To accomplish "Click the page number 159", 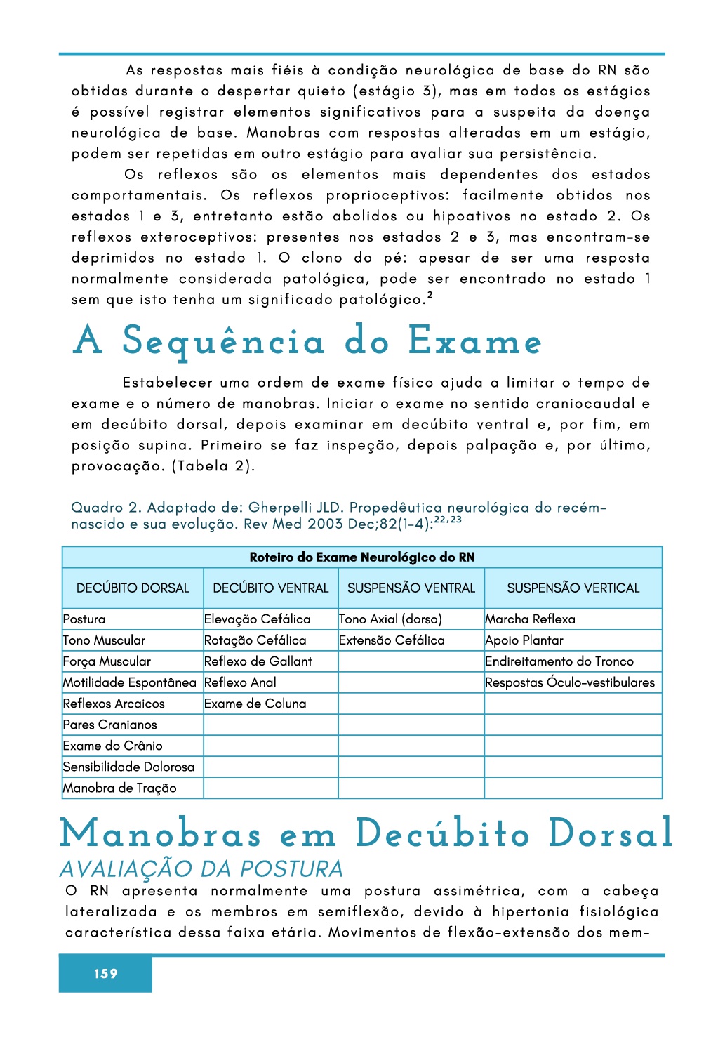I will click(x=106, y=973).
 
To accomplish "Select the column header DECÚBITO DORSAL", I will click(x=133, y=588).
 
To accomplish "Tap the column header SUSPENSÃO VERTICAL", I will click(x=573, y=588).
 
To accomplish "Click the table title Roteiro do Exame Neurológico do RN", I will click(x=362, y=557).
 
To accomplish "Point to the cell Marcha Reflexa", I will click(x=530, y=619).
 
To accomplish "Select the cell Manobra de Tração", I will click(x=119, y=788).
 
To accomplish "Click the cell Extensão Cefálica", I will click(x=392, y=640).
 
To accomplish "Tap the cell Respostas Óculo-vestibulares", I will click(x=570, y=682).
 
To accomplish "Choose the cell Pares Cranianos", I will click(x=109, y=725).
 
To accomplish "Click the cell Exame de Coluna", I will click(x=255, y=704).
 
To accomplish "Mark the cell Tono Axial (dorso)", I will click(x=390, y=619).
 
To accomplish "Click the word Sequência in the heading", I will click(x=223, y=342).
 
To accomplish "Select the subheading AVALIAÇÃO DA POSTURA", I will click(x=201, y=869).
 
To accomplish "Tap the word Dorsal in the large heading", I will click(x=610, y=834).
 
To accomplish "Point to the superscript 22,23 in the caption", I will click(x=448, y=520).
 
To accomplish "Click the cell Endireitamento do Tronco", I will click(x=559, y=661).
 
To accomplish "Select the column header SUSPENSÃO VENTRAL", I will click(x=411, y=588).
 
